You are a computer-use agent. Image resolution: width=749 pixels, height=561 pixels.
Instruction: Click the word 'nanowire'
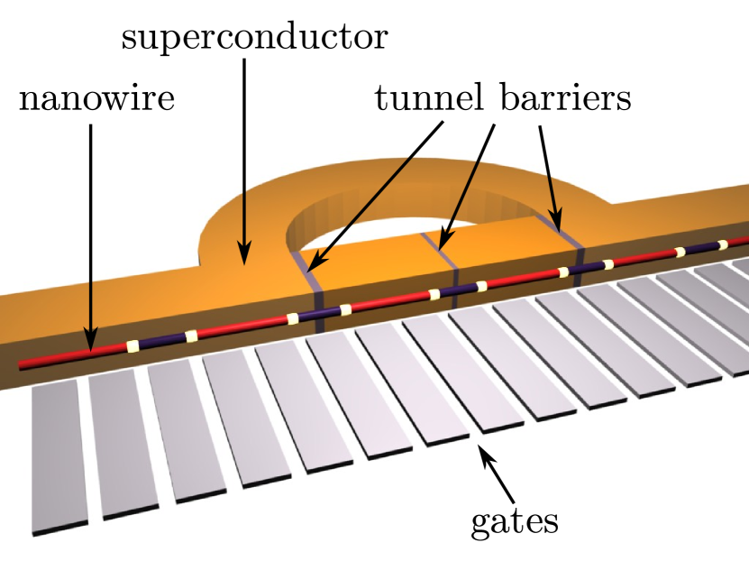96,99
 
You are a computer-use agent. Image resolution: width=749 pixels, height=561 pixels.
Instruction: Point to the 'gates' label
516,520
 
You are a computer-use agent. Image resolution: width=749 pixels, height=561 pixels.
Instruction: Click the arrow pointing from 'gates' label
498,474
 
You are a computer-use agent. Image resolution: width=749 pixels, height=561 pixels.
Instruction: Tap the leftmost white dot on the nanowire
132,345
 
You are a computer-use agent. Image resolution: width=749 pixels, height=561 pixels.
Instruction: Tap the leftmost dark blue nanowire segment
161,341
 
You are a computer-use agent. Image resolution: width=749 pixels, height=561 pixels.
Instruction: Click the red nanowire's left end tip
23,364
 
